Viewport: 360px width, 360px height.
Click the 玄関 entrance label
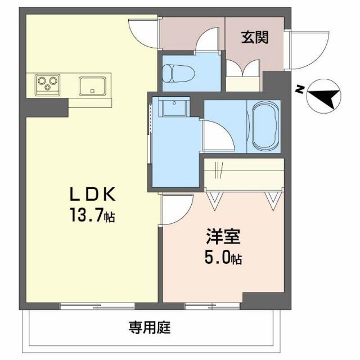click(x=255, y=38)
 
